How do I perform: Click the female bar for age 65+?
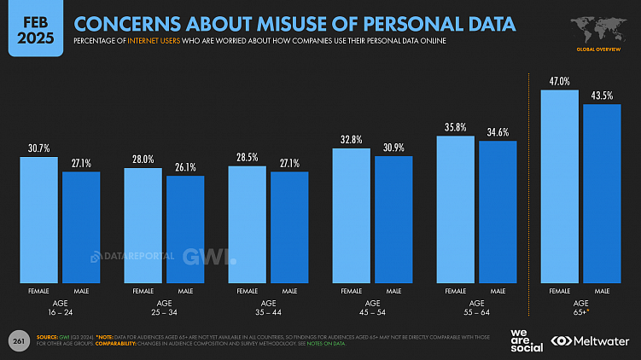(x=559, y=185)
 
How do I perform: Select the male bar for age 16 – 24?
(x=81, y=226)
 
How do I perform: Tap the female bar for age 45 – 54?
(x=351, y=214)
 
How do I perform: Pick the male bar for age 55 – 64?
(x=498, y=211)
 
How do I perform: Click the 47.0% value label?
(x=559, y=81)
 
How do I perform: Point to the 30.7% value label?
(x=38, y=149)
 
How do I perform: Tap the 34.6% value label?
(x=498, y=133)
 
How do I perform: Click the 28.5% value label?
(x=247, y=158)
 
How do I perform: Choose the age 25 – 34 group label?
(x=164, y=307)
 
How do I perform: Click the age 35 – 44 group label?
(x=268, y=307)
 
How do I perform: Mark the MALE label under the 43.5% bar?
(x=602, y=291)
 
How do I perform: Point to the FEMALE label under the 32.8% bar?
(x=351, y=291)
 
